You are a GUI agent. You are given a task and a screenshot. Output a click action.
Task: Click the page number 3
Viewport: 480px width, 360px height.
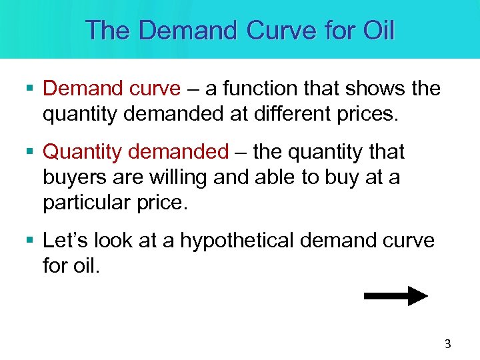[447, 344]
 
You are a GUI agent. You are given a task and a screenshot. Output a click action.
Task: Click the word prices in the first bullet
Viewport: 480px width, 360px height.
[368, 114]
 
